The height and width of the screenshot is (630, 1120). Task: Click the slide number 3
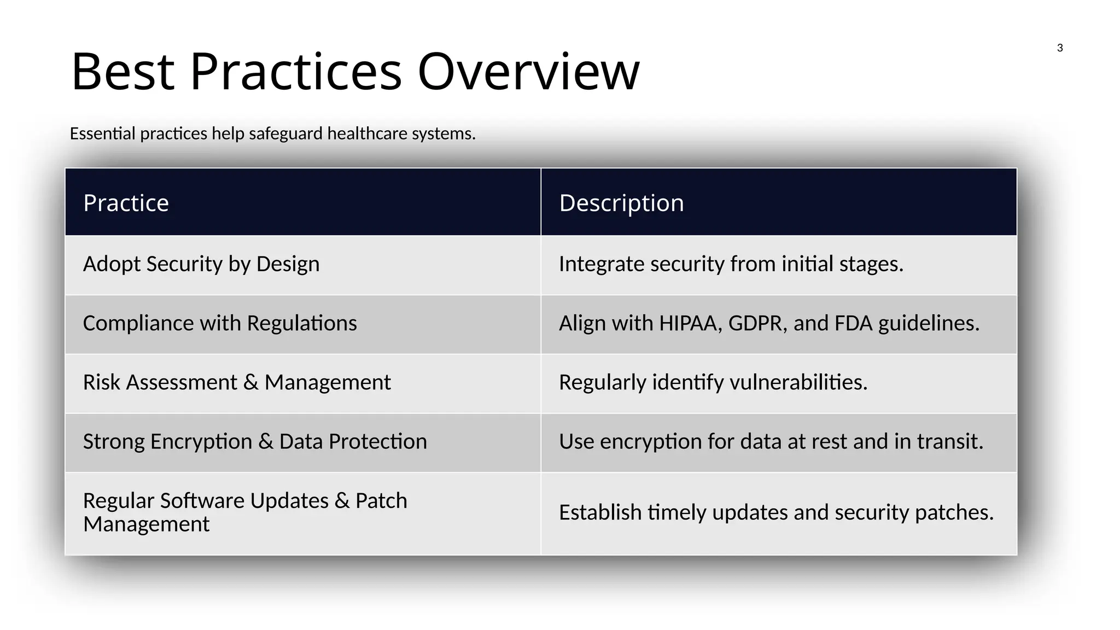click(1059, 48)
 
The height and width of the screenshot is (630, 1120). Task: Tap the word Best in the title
click(123, 72)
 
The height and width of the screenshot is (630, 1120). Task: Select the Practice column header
click(126, 203)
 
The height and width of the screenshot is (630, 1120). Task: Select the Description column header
click(621, 203)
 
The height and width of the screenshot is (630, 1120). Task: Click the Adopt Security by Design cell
click(201, 264)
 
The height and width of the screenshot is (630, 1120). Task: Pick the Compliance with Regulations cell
click(220, 323)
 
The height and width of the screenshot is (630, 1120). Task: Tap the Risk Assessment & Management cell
click(237, 382)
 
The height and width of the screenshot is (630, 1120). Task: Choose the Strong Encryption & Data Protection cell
click(255, 441)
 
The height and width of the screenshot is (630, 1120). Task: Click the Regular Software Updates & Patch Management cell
click(245, 512)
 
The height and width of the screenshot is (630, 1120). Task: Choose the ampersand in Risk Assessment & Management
click(251, 382)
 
